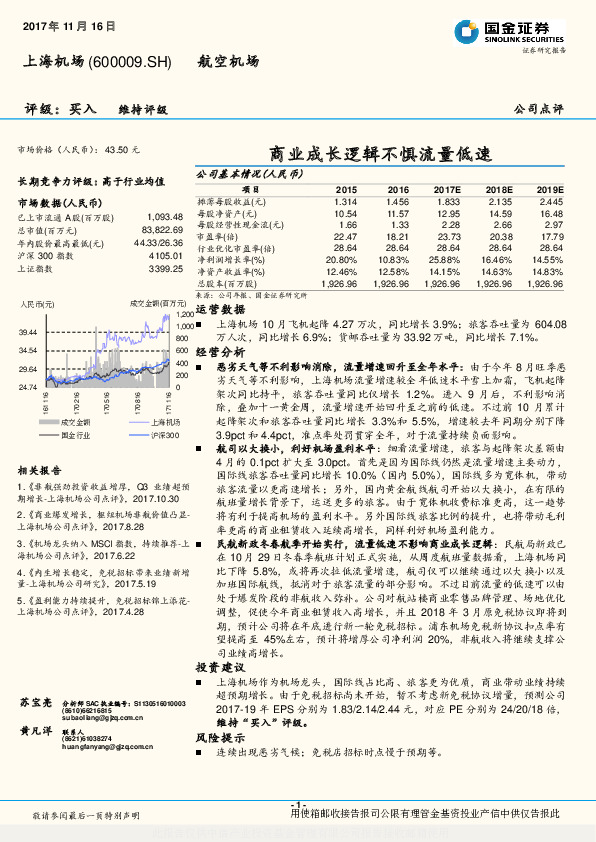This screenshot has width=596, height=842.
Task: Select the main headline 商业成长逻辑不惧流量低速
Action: tap(381, 155)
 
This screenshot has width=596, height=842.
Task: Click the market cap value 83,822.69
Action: tap(160, 230)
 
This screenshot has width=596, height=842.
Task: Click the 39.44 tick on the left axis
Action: tap(27, 331)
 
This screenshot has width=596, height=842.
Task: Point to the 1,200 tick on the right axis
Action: tap(185, 315)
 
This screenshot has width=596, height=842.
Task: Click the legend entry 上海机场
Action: tap(139, 423)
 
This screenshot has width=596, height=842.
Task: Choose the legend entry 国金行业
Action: tap(66, 435)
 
